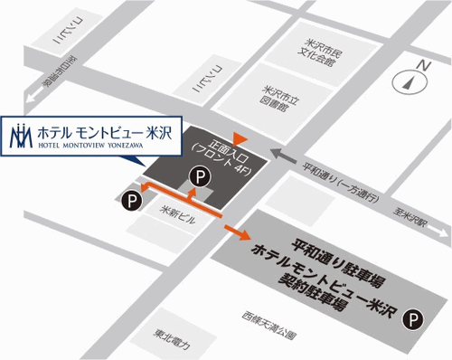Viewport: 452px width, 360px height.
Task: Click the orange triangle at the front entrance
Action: click(x=236, y=137)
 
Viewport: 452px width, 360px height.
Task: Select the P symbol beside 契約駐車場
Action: click(x=413, y=317)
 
